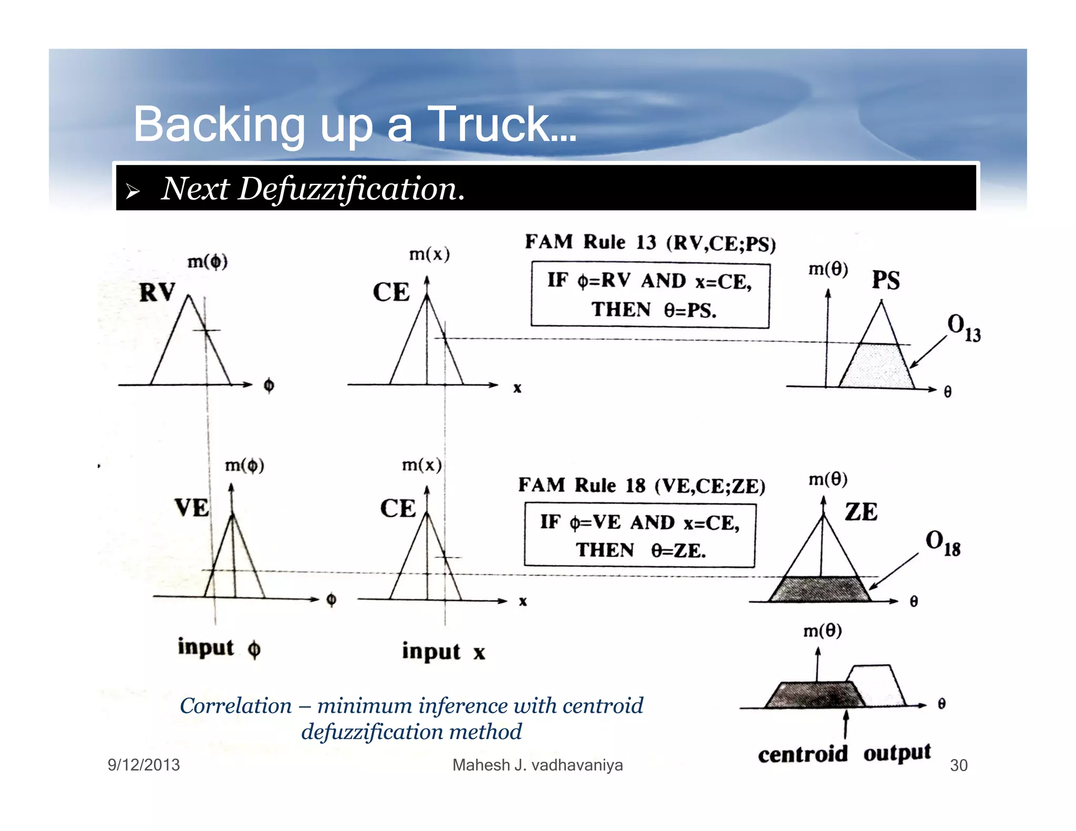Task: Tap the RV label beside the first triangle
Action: pyautogui.click(x=157, y=292)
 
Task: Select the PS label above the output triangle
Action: pyautogui.click(x=886, y=280)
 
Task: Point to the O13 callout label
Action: pyautogui.click(x=963, y=328)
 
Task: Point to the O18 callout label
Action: pyautogui.click(x=943, y=543)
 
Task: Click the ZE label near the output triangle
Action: pyautogui.click(x=861, y=512)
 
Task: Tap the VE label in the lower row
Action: pyautogui.click(x=192, y=508)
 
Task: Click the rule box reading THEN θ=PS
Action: pyautogui.click(x=650, y=295)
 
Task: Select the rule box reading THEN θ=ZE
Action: pyautogui.click(x=639, y=535)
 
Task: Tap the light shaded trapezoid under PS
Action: pyautogui.click(x=876, y=366)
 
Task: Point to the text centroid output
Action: pyautogui.click(x=844, y=753)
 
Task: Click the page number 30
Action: pyautogui.click(x=958, y=765)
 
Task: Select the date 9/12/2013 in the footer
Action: pyautogui.click(x=143, y=765)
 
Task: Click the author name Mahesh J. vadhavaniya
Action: pyautogui.click(x=537, y=765)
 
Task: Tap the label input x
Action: pyautogui.click(x=443, y=652)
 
